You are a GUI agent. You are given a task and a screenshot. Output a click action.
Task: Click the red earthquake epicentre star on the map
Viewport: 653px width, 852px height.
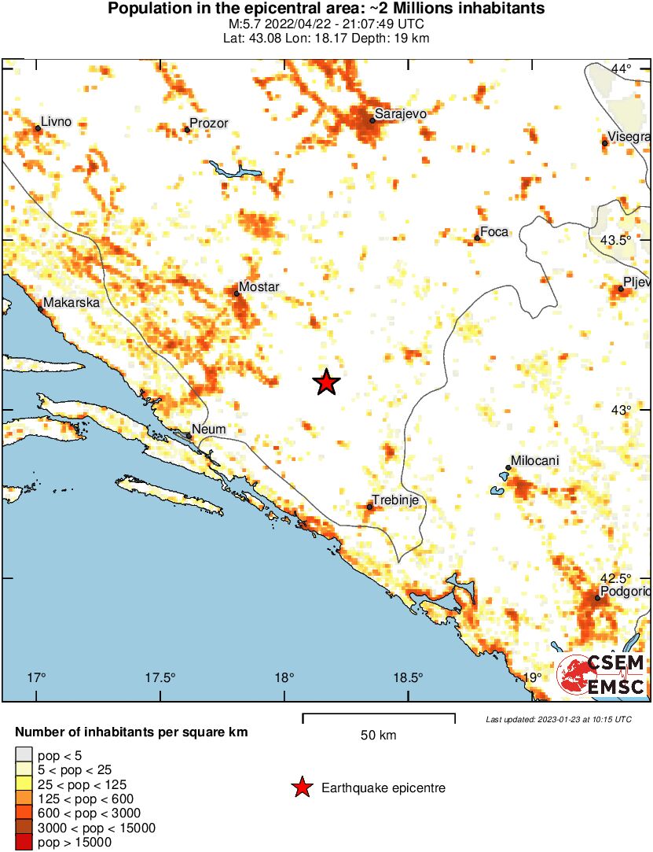[x=326, y=382]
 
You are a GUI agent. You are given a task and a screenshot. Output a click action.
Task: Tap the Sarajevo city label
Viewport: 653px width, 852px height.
[x=401, y=114]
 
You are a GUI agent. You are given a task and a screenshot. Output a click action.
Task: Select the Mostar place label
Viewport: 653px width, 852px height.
[x=260, y=287]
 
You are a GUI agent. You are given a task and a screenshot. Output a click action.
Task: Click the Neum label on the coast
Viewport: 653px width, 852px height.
[x=210, y=430]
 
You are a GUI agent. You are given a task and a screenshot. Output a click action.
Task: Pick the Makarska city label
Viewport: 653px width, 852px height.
[x=72, y=302]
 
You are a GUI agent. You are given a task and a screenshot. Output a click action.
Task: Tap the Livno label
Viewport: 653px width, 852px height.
[x=56, y=121]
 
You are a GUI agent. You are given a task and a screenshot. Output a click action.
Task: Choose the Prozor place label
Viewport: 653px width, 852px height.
[x=209, y=124]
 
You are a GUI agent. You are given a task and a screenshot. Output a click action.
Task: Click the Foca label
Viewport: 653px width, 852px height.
[x=494, y=231]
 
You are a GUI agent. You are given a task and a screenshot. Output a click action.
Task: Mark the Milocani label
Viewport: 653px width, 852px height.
[x=535, y=461]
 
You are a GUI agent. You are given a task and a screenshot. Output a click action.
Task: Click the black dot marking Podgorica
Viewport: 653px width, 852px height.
[x=597, y=599]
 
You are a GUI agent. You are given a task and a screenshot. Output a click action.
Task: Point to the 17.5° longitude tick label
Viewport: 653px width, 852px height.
[x=160, y=677]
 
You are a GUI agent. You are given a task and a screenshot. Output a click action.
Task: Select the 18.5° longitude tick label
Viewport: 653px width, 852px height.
[x=408, y=677]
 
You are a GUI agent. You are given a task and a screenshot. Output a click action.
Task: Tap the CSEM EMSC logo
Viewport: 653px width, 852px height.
[x=602, y=675]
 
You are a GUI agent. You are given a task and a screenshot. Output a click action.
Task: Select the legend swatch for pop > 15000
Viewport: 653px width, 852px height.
[x=24, y=843]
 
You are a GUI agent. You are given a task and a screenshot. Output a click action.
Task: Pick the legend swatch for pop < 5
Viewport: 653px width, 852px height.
[x=24, y=756]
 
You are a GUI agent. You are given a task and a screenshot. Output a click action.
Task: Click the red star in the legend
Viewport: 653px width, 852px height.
[x=301, y=787]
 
